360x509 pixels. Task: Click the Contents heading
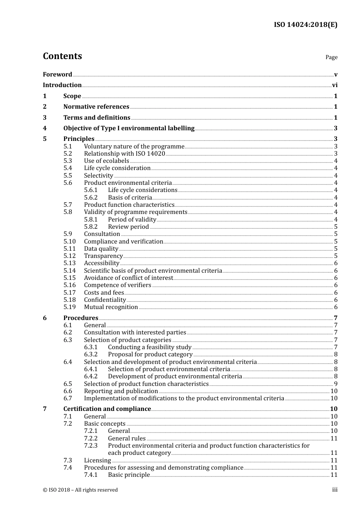click(x=62, y=56)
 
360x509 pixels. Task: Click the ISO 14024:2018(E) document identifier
click(x=305, y=25)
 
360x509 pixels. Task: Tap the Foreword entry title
click(x=57, y=75)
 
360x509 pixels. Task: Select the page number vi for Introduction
click(x=335, y=85)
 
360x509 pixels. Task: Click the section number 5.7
click(x=67, y=205)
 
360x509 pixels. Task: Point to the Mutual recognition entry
click(x=111, y=307)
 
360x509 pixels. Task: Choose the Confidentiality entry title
click(x=105, y=300)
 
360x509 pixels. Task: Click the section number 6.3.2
click(x=91, y=354)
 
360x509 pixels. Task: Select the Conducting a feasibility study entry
click(x=150, y=347)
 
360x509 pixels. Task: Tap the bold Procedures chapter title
click(x=81, y=318)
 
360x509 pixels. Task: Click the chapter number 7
click(x=45, y=409)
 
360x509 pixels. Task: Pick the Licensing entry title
click(x=97, y=461)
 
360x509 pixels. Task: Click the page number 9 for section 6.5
click(x=336, y=384)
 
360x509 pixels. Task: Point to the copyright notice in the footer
click(x=80, y=490)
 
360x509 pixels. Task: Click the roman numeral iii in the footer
click(x=335, y=490)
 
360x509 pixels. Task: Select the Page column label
click(x=331, y=57)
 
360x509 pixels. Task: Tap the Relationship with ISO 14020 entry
click(x=124, y=154)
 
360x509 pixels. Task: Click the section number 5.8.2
click(x=91, y=227)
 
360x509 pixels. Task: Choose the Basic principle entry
click(x=129, y=475)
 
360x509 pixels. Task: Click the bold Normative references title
click(x=96, y=107)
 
